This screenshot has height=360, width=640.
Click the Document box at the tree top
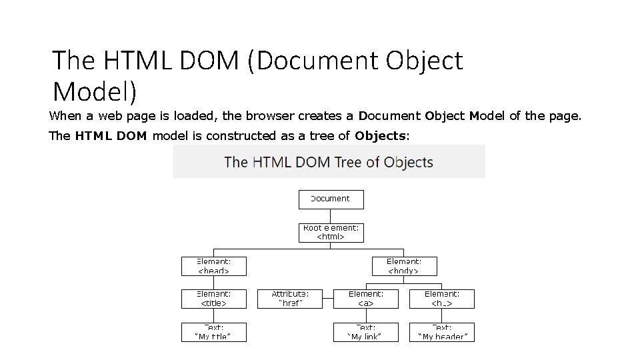[x=331, y=199]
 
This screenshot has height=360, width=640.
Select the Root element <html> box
[x=331, y=232]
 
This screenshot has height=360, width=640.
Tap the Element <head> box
[x=214, y=266]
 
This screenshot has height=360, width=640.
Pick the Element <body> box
[x=404, y=266]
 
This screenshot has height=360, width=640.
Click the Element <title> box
[x=214, y=298]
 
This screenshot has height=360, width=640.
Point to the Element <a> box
[x=366, y=298]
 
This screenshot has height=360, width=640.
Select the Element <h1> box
[x=442, y=298]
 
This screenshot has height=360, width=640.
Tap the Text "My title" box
[x=214, y=332]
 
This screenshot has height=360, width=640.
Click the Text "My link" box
[x=366, y=332]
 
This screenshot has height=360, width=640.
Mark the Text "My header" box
[x=442, y=332]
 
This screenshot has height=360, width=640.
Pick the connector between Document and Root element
[x=331, y=216]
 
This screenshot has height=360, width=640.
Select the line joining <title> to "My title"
[x=214, y=315]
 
